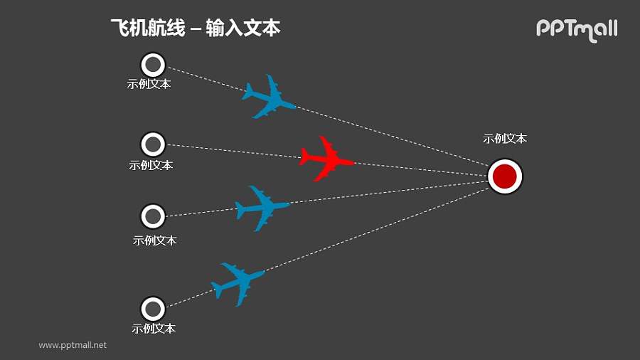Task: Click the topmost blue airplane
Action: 268,97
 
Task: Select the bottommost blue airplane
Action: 238,283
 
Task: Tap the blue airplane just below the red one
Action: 262,207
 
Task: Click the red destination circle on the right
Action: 505,176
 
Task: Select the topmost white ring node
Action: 152,65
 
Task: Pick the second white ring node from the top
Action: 152,145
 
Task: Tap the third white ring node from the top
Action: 152,216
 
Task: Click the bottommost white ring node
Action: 152,309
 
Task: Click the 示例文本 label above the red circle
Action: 505,139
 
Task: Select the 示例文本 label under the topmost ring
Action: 149,84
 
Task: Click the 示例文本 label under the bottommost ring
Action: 154,329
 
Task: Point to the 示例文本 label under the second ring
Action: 151,165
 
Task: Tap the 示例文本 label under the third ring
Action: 154,240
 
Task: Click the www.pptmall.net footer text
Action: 73,345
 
